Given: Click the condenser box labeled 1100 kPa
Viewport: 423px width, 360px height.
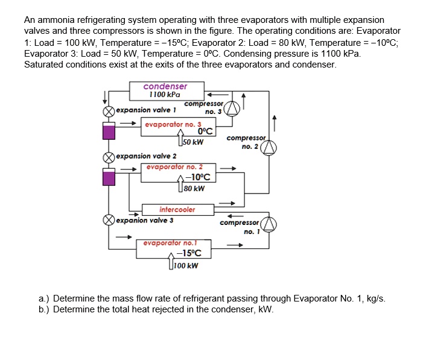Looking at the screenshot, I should [165, 90].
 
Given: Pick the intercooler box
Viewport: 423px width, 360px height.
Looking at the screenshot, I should [177, 209].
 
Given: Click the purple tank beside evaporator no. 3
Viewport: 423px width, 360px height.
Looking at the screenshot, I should [109, 132].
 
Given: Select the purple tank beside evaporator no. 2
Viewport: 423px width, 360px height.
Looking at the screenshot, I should [109, 176].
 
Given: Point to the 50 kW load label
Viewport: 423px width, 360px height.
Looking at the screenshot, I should [193, 142].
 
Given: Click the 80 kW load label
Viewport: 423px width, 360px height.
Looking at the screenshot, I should [194, 188].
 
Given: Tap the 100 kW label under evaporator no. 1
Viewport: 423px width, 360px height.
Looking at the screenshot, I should [186, 265].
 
